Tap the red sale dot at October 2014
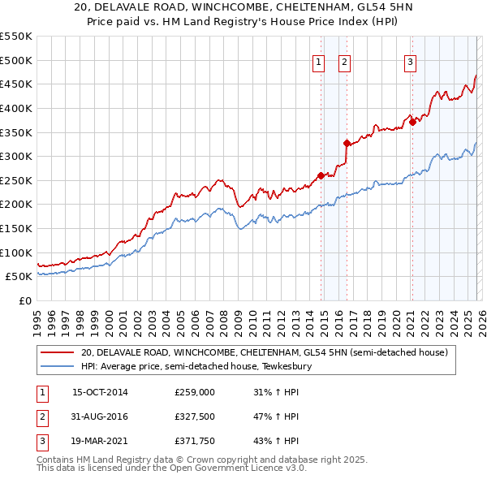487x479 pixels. point(321,175)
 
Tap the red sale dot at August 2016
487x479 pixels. point(347,143)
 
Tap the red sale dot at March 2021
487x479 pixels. point(412,122)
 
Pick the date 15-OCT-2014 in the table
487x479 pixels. point(100,392)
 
